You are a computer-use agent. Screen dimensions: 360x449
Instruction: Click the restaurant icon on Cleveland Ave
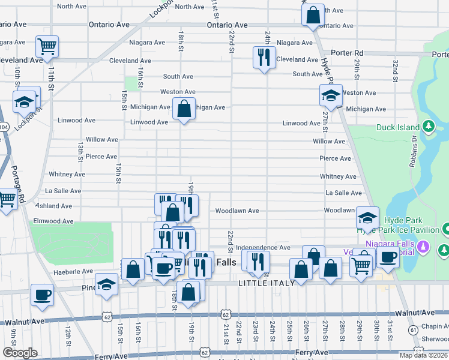pos(264,58)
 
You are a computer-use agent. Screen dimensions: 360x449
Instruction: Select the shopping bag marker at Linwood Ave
pos(184,109)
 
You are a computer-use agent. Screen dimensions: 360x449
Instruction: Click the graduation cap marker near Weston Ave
pos(331,95)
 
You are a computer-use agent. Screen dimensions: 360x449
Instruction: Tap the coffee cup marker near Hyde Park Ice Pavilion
pos(388,257)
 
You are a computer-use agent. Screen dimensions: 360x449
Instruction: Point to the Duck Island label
pos(399,127)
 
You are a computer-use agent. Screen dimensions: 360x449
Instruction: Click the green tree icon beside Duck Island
pos(429,127)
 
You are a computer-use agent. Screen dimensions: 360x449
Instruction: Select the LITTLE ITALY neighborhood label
pos(267,283)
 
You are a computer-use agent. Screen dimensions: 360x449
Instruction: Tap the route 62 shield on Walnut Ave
pos(226,314)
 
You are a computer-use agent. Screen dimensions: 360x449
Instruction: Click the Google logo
pos(19,353)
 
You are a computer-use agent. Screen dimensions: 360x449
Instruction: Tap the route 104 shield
pos(4,127)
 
